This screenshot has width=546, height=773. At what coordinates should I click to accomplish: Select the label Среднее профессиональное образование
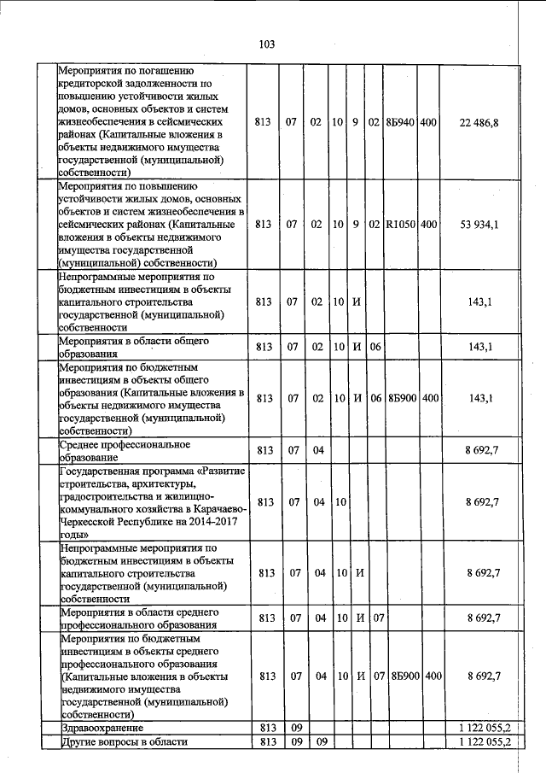pyautogui.click(x=124, y=450)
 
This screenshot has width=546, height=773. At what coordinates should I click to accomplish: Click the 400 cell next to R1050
pyautogui.click(x=428, y=224)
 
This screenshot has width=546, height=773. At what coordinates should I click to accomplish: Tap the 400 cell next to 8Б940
pyautogui.click(x=428, y=123)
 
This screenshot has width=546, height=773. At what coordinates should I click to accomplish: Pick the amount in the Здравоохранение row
pyautogui.click(x=483, y=727)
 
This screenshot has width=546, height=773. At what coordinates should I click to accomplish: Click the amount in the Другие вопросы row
pyautogui.click(x=483, y=741)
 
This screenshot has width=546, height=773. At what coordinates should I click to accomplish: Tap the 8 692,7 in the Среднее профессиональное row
pyautogui.click(x=483, y=449)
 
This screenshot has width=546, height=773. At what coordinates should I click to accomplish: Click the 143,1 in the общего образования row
pyautogui.click(x=483, y=346)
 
